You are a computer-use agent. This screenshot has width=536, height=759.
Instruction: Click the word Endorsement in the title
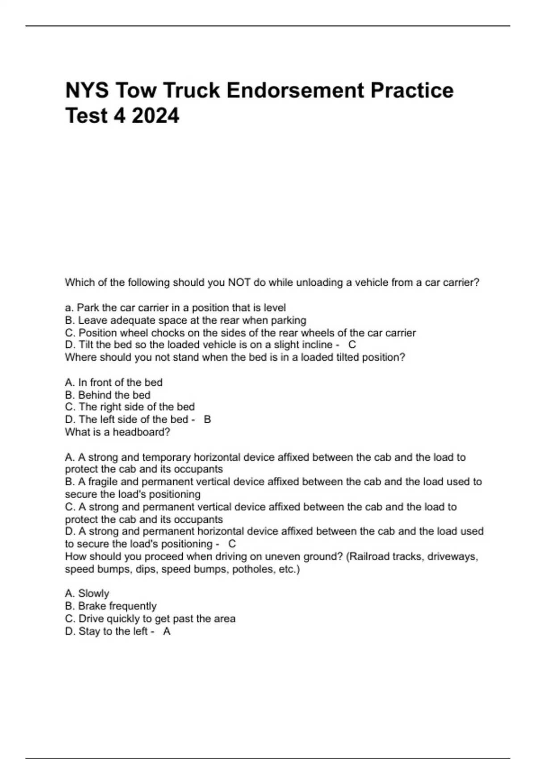pyautogui.click(x=296, y=91)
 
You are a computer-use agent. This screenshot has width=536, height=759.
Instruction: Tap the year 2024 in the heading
pyautogui.click(x=155, y=116)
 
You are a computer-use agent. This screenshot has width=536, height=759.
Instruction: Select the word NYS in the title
pyautogui.click(x=87, y=91)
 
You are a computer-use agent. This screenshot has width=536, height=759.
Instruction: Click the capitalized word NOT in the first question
pyautogui.click(x=239, y=283)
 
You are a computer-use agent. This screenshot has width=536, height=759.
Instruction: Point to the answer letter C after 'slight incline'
pyautogui.click(x=352, y=345)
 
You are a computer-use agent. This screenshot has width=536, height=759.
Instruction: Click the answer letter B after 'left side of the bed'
pyautogui.click(x=207, y=420)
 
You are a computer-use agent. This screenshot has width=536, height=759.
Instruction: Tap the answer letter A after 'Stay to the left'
pyautogui.click(x=167, y=631)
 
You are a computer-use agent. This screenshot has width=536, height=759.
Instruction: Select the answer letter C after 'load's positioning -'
pyautogui.click(x=232, y=544)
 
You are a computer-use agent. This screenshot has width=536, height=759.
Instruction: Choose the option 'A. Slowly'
pyautogui.click(x=87, y=593)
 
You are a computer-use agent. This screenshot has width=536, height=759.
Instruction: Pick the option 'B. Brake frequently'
pyautogui.click(x=111, y=606)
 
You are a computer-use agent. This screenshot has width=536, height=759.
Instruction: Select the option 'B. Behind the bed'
pyautogui.click(x=108, y=395)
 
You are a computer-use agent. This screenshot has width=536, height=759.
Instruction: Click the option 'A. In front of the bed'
pyautogui.click(x=113, y=383)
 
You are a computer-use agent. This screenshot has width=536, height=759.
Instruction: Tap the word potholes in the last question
pyautogui.click(x=252, y=569)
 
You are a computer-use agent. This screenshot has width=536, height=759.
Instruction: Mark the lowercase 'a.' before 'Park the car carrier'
pyautogui.click(x=69, y=308)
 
